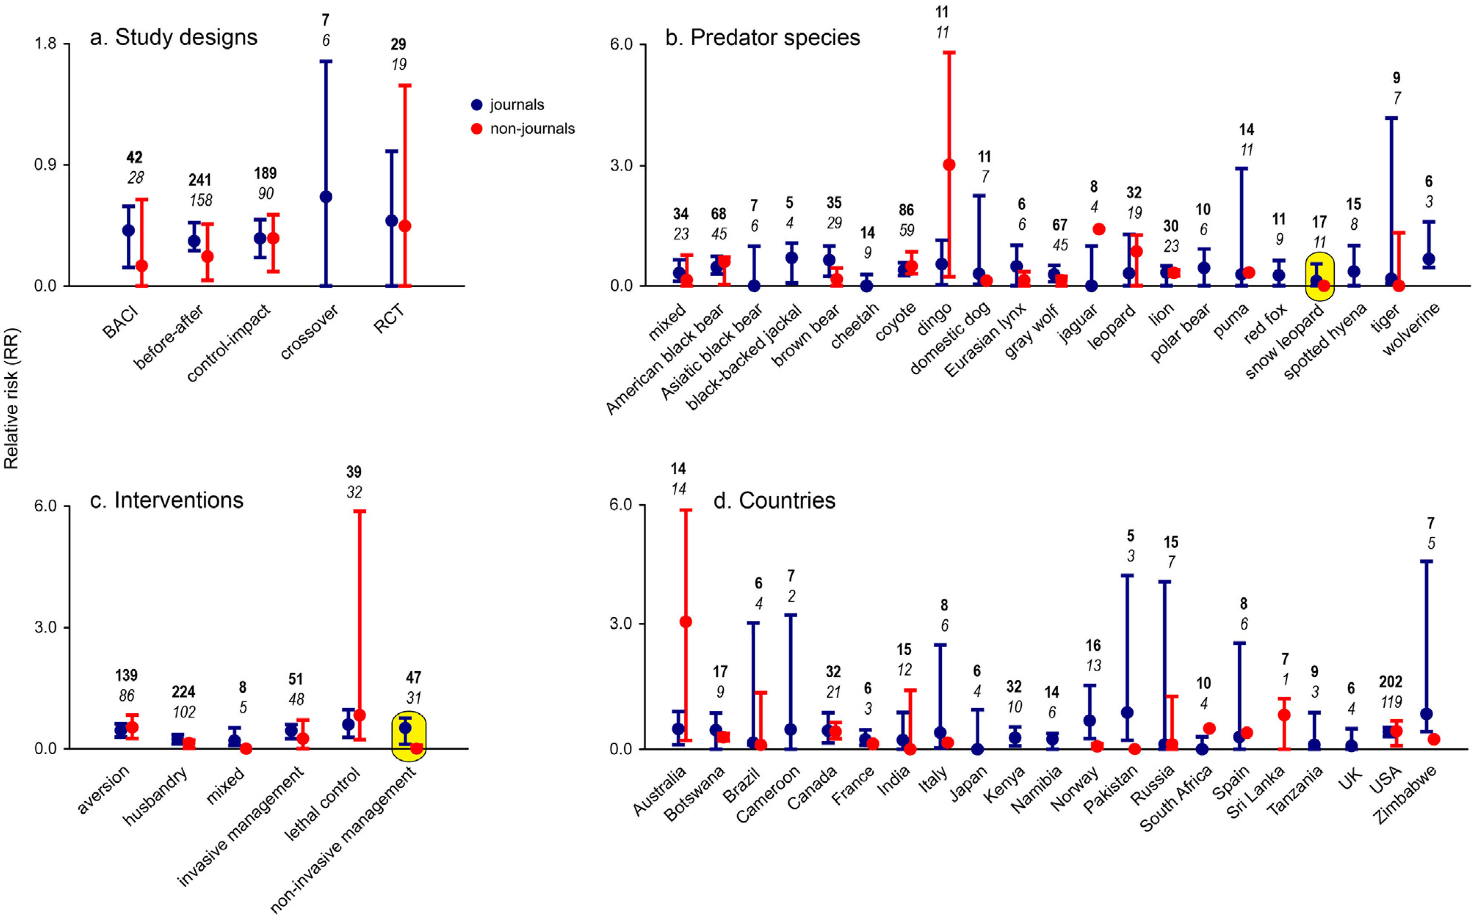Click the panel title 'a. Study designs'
point(173,38)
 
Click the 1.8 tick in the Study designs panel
point(45,44)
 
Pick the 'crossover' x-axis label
point(309,332)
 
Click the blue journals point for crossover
point(326,197)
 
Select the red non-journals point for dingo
point(949,165)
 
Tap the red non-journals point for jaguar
point(1099,229)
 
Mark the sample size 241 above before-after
point(199,180)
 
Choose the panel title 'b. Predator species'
point(762,38)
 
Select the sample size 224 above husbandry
point(183,692)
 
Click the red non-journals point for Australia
point(685,622)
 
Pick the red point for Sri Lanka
point(1284,715)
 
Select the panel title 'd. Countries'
point(774,501)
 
